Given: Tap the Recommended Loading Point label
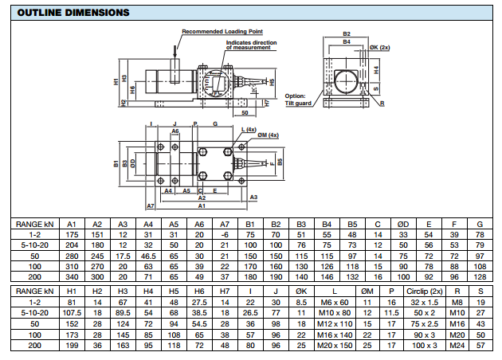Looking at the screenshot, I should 214,31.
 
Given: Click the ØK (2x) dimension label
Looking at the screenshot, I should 380,48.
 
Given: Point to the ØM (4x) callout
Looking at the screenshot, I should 268,135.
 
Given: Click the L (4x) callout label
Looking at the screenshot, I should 248,129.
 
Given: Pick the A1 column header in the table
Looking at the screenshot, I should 71,225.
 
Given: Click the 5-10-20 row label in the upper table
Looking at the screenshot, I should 33,246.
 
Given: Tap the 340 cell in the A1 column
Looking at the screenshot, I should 71,277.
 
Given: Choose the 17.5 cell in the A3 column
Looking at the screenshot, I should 123,256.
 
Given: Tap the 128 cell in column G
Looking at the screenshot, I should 480,277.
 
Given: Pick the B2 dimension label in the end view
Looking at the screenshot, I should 347,34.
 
